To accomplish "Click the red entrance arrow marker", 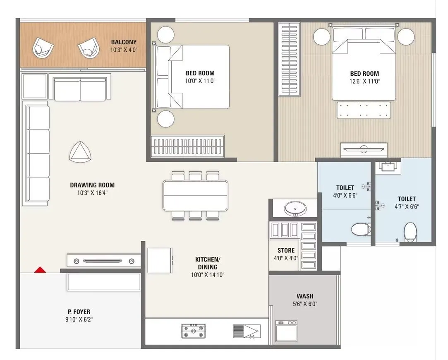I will coord(40,270).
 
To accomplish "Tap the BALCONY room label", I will coord(123,42).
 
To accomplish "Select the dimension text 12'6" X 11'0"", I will coord(364,82).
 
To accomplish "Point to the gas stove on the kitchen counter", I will coord(193,331).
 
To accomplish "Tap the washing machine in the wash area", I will coord(286,331).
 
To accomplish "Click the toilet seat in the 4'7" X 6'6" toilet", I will coord(410,232).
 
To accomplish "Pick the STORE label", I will coord(286,251).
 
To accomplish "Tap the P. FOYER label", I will coord(79,312).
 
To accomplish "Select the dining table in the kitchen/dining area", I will coord(195,195).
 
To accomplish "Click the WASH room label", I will coord(304,296).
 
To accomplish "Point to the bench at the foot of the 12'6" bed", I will coord(364,110).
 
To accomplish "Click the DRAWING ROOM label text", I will coord(92,185).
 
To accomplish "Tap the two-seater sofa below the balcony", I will coord(80,89).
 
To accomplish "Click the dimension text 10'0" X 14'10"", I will coord(207,275).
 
